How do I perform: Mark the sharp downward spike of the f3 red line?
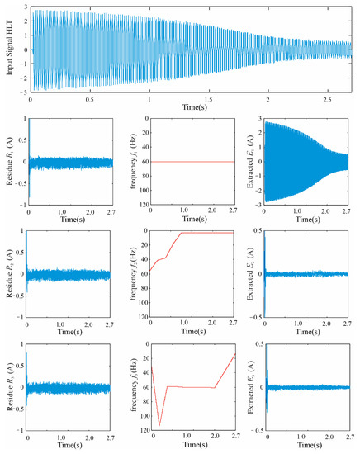click(159, 424)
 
